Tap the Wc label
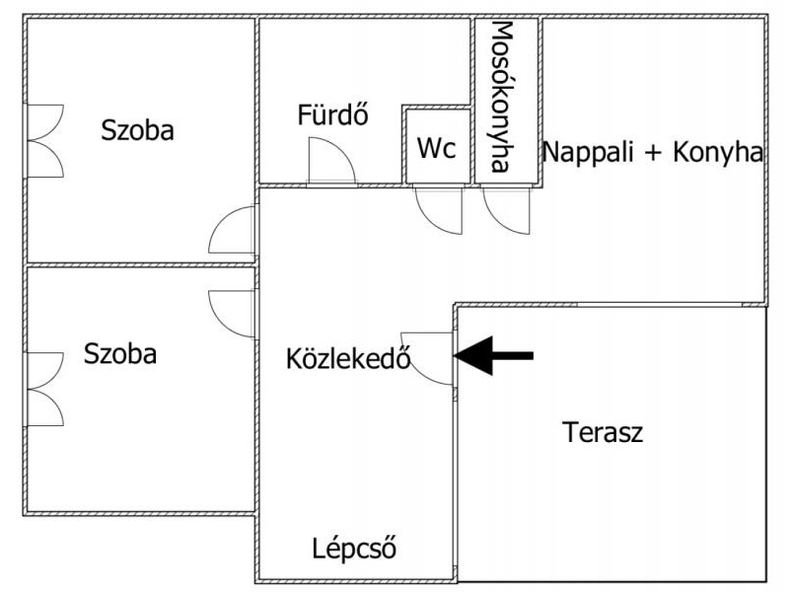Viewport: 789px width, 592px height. coord(437,148)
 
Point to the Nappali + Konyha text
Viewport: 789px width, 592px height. coord(653,152)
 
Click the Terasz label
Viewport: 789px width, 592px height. coord(603,432)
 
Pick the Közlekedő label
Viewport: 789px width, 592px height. coord(348,358)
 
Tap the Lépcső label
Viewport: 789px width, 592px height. coord(354,549)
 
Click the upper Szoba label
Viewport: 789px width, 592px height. coord(137,130)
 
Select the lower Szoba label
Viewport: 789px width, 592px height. coord(120,353)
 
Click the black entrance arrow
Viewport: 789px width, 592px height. coord(494,356)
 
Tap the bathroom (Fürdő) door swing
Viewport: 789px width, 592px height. coord(332,161)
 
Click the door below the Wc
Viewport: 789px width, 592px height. coord(438,210)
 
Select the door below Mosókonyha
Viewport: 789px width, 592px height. coord(506,210)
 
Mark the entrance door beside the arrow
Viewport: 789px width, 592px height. coord(427,358)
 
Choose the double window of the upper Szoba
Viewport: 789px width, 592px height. coord(44,141)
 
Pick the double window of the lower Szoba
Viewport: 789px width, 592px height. coord(44,390)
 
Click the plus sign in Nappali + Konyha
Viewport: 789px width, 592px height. coord(653,153)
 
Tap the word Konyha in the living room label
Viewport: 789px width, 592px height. coord(718,152)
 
